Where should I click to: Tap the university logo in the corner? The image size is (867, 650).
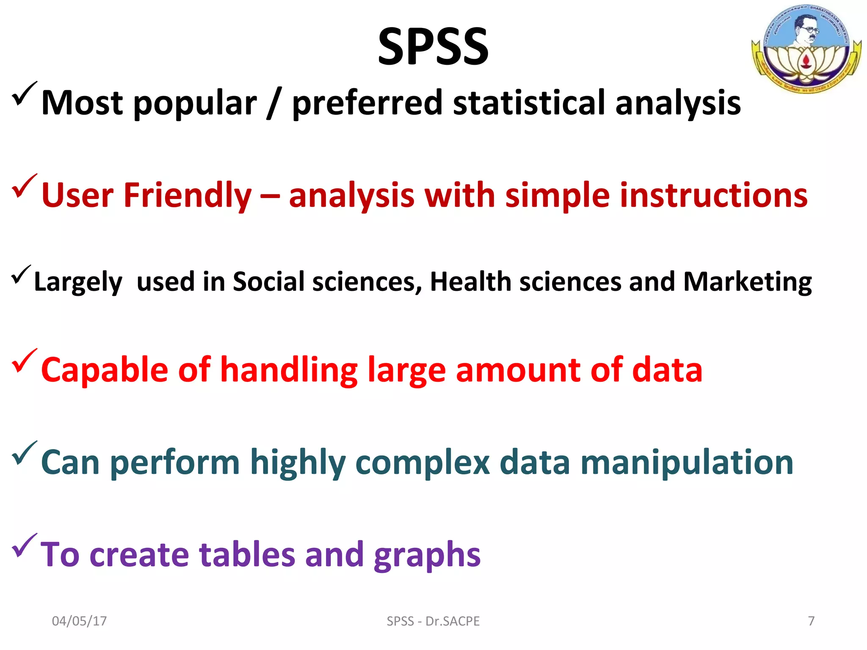806,48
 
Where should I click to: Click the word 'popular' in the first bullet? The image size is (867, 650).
195,103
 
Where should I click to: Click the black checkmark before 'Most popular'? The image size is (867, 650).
25,94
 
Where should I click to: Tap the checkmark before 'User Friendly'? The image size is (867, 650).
25,187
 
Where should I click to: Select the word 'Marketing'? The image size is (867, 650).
748,282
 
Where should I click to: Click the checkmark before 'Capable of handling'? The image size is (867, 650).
25,361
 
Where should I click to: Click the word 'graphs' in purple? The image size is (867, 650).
427,555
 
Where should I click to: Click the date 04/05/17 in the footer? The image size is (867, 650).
79,621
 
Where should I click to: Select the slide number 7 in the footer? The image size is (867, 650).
811,621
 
